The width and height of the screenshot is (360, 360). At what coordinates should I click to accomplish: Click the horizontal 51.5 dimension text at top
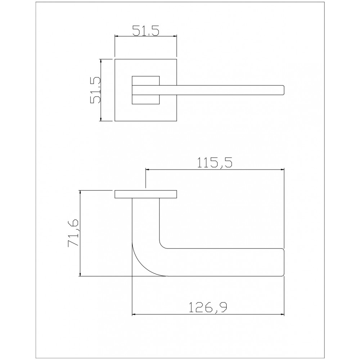(145, 30)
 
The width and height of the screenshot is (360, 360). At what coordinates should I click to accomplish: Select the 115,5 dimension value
(215, 163)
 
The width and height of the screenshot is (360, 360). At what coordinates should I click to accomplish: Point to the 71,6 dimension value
(73, 233)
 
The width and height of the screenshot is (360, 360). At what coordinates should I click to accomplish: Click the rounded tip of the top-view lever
(284, 90)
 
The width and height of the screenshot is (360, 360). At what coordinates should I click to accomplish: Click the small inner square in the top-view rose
(146, 90)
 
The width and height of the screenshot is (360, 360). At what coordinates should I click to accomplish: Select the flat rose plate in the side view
(146, 194)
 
